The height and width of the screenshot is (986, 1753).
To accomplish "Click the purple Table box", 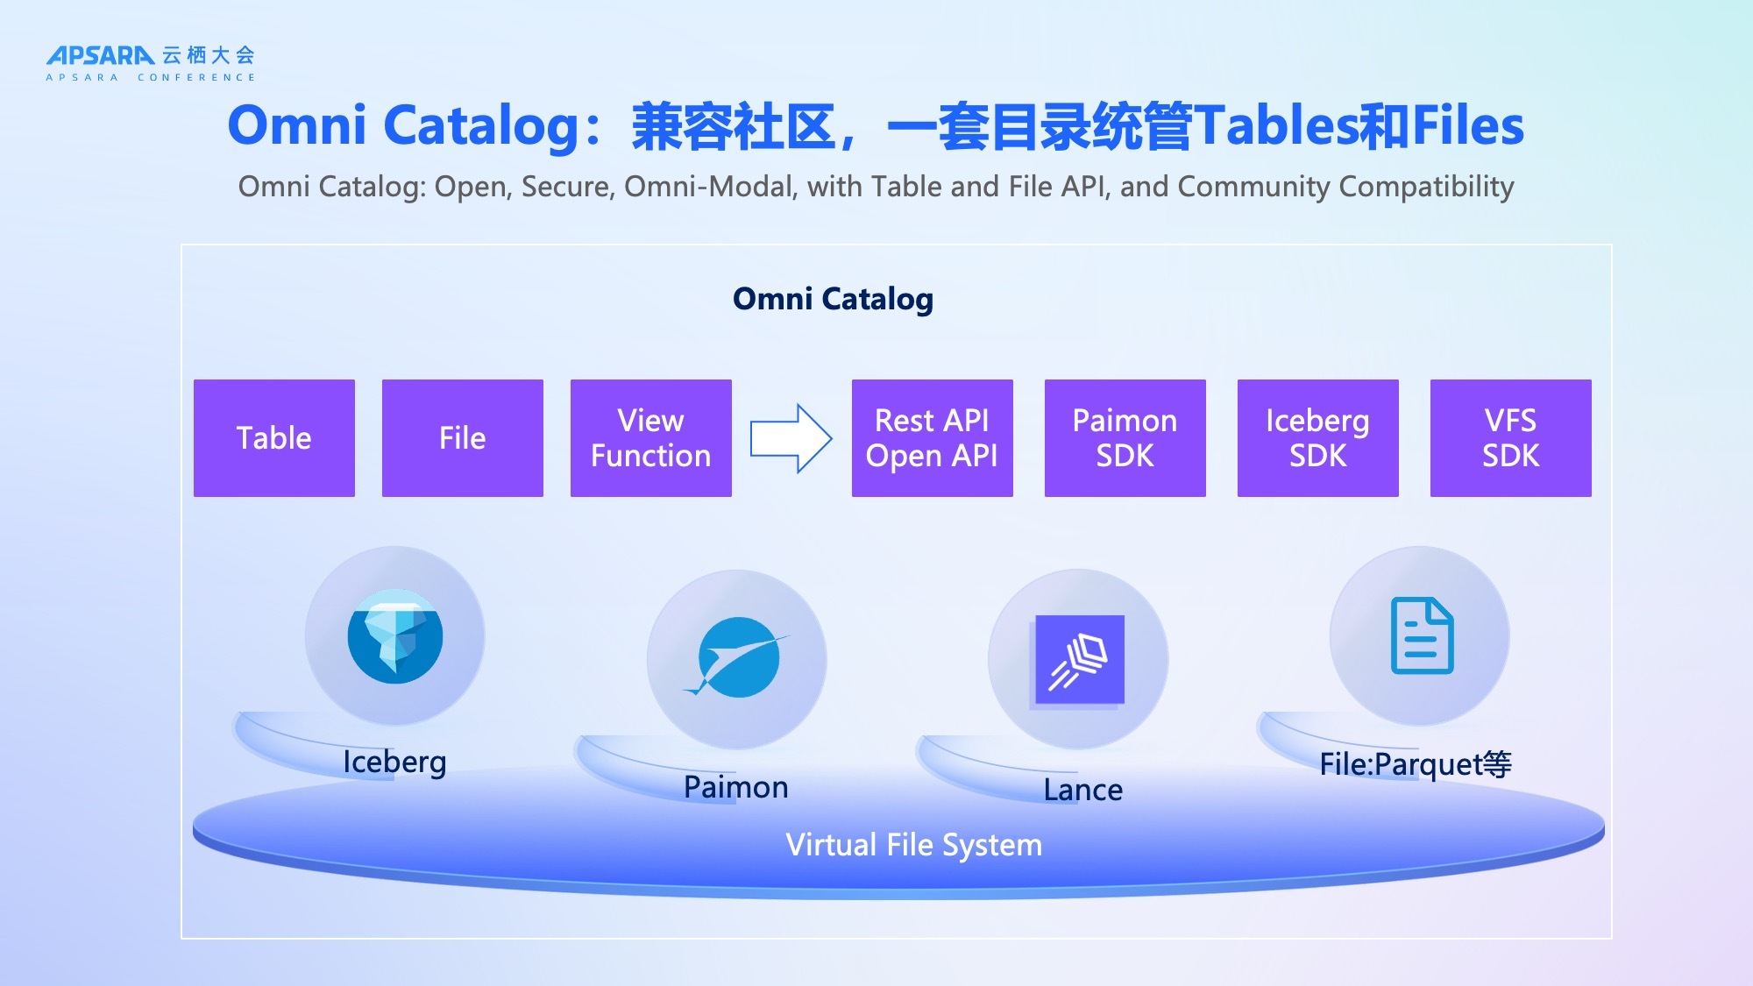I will tap(274, 438).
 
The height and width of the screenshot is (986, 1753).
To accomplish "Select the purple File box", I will tap(462, 438).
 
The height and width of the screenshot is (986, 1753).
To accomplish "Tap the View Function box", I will tap(650, 438).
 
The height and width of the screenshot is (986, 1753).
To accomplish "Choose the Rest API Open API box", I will tap(932, 438).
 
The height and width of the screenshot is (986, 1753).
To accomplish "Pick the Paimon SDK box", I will tap(1125, 438).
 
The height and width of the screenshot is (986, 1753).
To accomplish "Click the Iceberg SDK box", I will tap(1317, 438).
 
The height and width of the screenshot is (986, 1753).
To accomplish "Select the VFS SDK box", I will tap(1510, 438).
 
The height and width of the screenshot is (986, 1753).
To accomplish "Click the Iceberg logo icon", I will tap(394, 636).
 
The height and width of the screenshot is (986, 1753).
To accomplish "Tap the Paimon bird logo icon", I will tap(737, 658).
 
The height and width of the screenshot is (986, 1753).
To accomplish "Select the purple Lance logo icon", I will tap(1079, 659).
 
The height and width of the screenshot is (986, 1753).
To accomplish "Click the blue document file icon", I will tap(1422, 635).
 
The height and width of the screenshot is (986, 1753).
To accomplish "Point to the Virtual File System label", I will tap(913, 845).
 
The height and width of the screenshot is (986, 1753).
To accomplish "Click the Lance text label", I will tap(1082, 790).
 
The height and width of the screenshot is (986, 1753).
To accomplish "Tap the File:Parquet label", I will tap(1415, 764).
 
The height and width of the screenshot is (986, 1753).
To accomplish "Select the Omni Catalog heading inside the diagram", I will tap(833, 299).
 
